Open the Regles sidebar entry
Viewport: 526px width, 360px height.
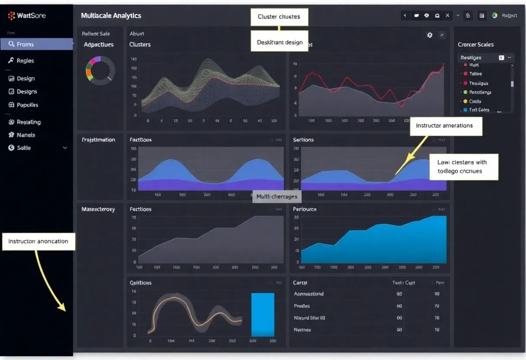(x=25, y=61)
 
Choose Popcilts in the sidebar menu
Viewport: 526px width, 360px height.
(x=27, y=105)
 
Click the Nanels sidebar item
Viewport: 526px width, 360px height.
(x=26, y=135)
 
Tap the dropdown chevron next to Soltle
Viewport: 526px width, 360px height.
(x=65, y=148)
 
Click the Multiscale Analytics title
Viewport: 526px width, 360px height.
(x=111, y=16)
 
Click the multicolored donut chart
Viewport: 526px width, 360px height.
(x=100, y=69)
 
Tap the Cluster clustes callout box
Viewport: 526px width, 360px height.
(x=279, y=17)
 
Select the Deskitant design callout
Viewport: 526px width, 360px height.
(x=279, y=42)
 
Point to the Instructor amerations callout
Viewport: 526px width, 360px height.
(x=446, y=126)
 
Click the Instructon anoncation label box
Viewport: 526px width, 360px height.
(x=39, y=241)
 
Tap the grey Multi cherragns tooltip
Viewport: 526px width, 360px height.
(x=277, y=196)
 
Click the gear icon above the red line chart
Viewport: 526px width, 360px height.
(x=430, y=35)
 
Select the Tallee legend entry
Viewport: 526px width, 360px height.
(x=475, y=74)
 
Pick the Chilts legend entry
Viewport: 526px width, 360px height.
(x=475, y=101)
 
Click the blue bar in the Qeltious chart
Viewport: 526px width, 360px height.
(x=263, y=315)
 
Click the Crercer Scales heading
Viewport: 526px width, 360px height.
(x=475, y=45)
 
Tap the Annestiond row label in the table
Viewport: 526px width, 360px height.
(x=308, y=294)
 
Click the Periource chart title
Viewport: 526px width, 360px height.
(x=305, y=209)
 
